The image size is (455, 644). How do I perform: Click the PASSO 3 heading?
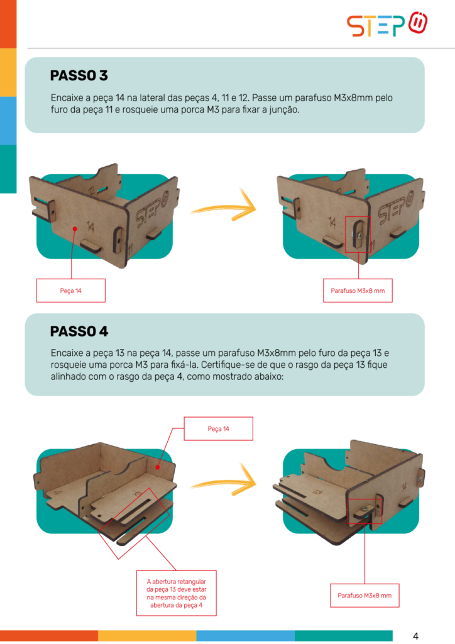tap(79, 75)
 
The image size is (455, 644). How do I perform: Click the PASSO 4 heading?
tap(79, 331)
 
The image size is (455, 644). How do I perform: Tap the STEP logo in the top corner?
tap(387, 25)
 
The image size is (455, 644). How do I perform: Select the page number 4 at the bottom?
tap(415, 636)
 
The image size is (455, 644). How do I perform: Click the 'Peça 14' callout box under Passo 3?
tap(71, 291)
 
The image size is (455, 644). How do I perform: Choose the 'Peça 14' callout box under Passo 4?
tap(218, 429)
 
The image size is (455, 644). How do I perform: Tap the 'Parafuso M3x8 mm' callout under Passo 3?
tap(358, 291)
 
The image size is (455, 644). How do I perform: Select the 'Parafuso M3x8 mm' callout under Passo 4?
tap(365, 596)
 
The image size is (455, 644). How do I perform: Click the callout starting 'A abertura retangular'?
tap(177, 593)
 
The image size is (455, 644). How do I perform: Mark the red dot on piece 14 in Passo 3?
tap(75, 228)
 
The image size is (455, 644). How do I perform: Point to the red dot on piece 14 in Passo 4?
tap(158, 467)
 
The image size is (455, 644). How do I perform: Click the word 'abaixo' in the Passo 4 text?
tap(268, 377)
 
